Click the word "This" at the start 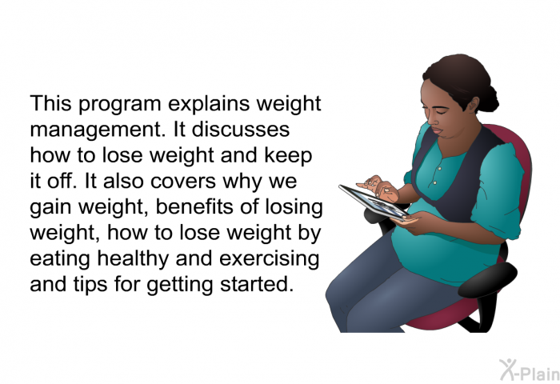[50, 103]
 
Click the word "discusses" [240, 129]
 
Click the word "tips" [90, 286]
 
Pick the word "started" [257, 284]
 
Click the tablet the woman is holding [374, 202]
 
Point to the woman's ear [474, 106]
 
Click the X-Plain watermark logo [529, 370]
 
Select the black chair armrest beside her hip [487, 280]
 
